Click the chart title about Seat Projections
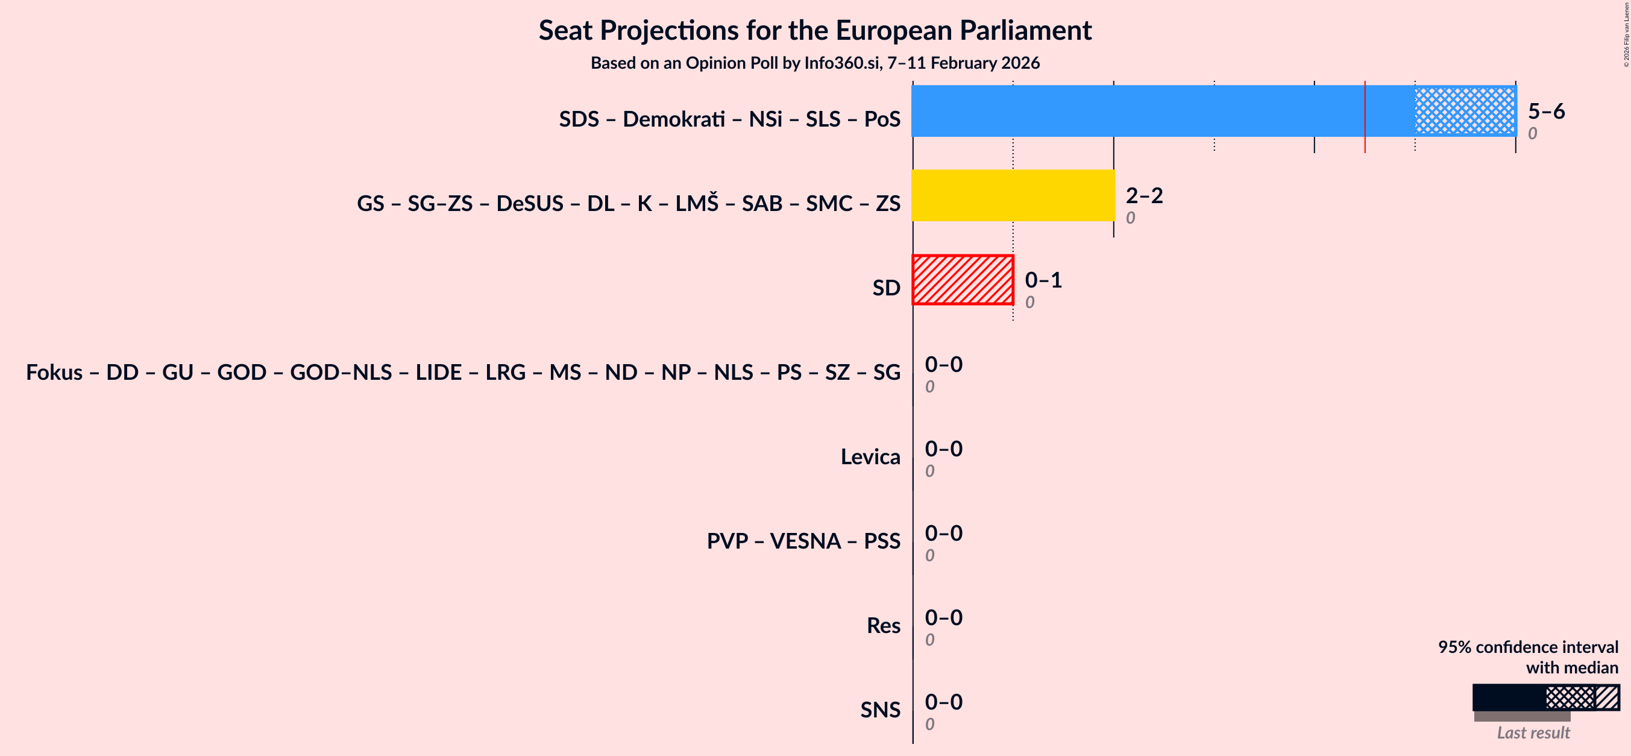815,30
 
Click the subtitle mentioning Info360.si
815,63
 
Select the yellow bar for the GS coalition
1013,195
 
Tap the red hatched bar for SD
963,280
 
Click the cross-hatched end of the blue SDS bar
1465,111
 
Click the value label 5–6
1546,111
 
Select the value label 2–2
1144,195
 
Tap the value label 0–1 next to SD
1043,280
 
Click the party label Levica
870,456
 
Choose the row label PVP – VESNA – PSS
803,541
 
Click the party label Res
883,626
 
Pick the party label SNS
880,710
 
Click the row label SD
886,288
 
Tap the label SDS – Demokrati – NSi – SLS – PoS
729,119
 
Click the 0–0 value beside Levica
943,449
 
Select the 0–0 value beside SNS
943,702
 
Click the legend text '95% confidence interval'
1528,647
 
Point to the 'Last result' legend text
1533,733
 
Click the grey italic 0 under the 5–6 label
1532,134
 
